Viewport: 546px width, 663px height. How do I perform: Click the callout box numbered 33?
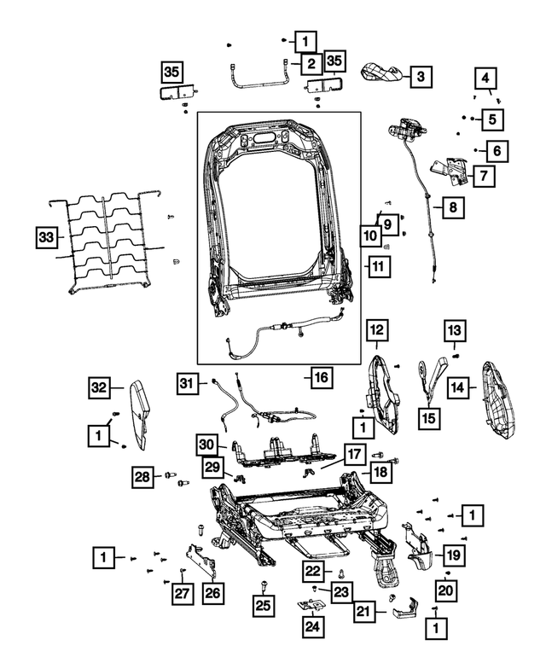(49, 237)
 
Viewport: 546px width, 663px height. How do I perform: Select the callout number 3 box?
(419, 77)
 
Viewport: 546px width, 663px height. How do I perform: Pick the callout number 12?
(377, 329)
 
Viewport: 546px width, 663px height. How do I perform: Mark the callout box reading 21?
(365, 611)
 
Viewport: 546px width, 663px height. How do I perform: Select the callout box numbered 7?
(483, 177)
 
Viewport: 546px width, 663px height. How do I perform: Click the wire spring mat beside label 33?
(107, 241)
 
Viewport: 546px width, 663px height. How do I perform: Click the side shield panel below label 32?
(139, 415)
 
